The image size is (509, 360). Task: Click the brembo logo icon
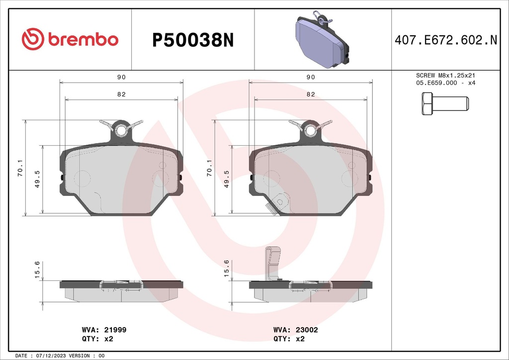[33, 39]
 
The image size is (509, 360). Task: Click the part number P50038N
[192, 40]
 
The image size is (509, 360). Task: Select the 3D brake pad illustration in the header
[322, 40]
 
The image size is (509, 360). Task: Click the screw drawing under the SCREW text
[445, 104]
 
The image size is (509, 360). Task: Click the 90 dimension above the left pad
[121, 78]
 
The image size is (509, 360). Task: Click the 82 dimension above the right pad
[311, 94]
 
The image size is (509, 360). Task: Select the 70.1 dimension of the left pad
[19, 168]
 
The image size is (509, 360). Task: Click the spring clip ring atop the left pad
[121, 130]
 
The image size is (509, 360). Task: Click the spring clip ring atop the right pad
[311, 130]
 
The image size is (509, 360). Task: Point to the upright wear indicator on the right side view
[270, 264]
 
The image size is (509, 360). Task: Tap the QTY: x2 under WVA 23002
[288, 339]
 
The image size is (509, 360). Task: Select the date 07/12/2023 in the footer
[51, 356]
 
